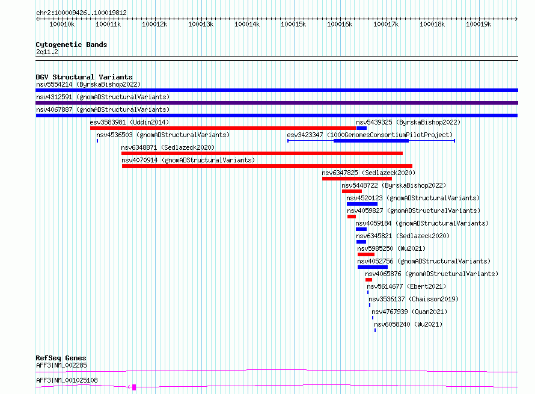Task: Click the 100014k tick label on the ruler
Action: point(247,24)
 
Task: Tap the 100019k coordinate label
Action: point(478,24)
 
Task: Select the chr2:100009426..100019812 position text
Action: point(82,13)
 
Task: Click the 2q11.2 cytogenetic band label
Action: point(47,52)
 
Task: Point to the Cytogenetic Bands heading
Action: point(72,45)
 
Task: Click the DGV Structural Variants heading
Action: point(84,77)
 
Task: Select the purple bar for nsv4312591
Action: point(277,103)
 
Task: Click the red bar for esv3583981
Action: point(223,128)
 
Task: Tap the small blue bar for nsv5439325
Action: point(361,128)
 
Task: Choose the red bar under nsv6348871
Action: point(262,153)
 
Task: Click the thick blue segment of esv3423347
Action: point(371,141)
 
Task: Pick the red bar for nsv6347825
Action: point(357,179)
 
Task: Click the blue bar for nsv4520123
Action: point(362,204)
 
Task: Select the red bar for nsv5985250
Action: point(366,254)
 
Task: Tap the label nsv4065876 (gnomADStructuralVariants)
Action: point(432,274)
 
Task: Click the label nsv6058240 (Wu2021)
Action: point(408,324)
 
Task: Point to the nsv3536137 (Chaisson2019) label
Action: point(414,299)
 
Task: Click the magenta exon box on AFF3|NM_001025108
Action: point(134,387)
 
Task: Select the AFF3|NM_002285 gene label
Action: point(61,365)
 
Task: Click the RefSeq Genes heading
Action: point(61,358)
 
